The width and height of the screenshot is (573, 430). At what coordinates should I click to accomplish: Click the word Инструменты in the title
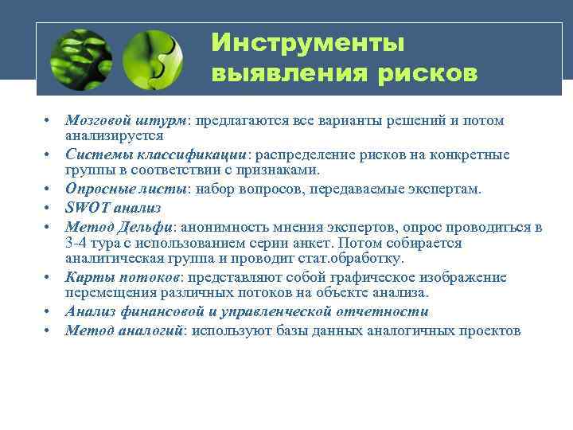(x=307, y=41)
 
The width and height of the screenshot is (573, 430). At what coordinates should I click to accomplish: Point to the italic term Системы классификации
(x=157, y=154)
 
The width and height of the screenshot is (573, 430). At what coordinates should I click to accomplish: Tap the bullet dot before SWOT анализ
(x=49, y=208)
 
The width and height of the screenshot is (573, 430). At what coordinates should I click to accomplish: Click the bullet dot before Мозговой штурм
(x=49, y=121)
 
